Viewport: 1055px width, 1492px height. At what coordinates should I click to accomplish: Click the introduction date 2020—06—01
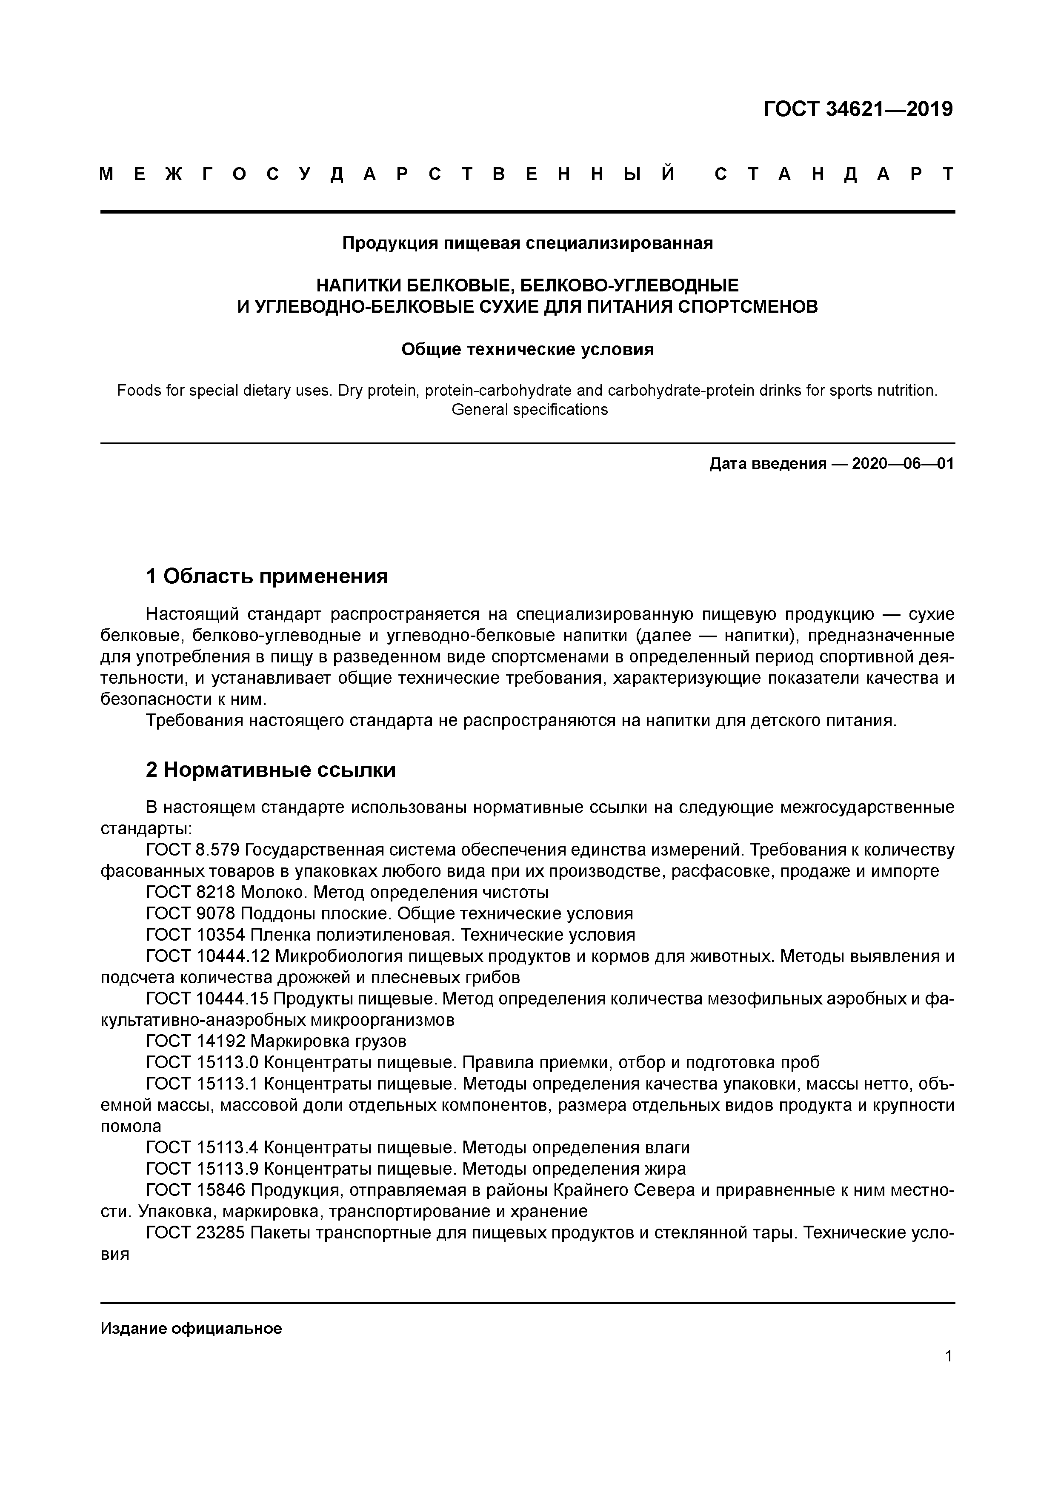(x=902, y=464)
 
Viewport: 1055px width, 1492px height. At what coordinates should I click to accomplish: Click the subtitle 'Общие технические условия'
(x=527, y=350)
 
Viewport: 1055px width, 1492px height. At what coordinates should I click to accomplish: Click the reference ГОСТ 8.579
(x=193, y=850)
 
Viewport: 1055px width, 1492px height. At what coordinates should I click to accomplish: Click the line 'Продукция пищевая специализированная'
(x=527, y=243)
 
